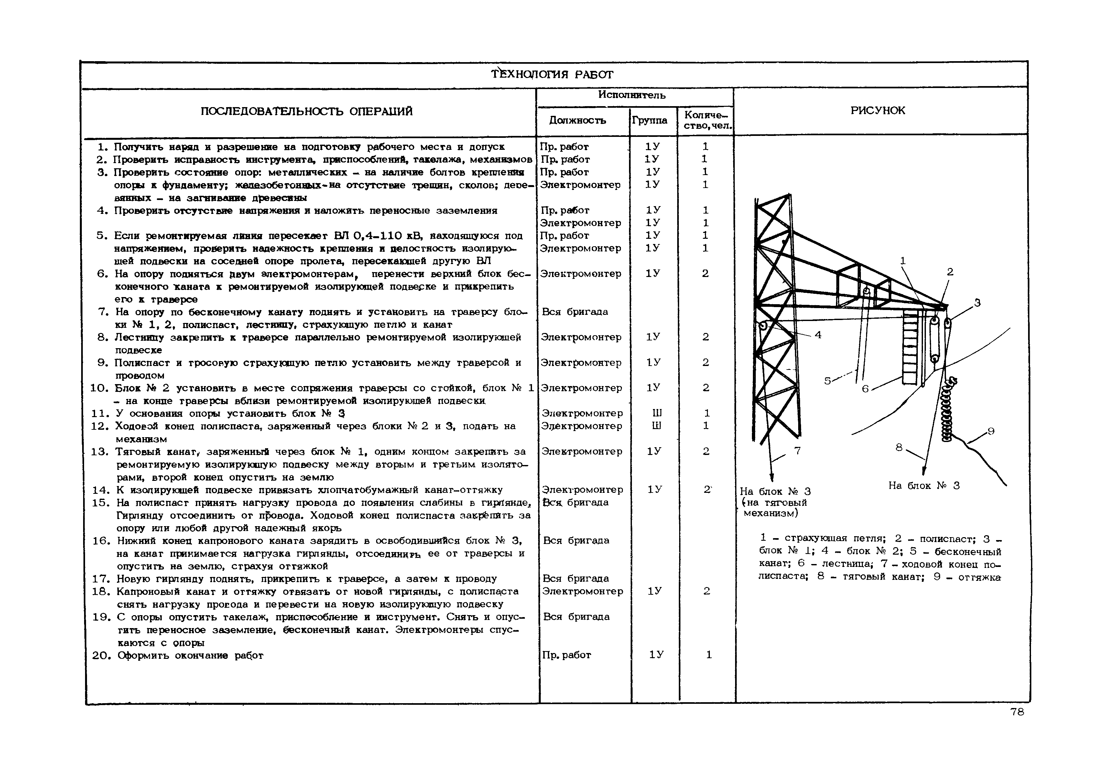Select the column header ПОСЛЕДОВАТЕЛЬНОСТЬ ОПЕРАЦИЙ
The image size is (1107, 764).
pyautogui.click(x=306, y=112)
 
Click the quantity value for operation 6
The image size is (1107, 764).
pyautogui.click(x=705, y=273)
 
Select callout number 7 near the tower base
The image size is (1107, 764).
pyautogui.click(x=797, y=450)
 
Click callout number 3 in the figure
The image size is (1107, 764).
pyautogui.click(x=977, y=303)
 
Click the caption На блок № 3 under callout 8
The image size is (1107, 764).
pyautogui.click(x=924, y=485)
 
